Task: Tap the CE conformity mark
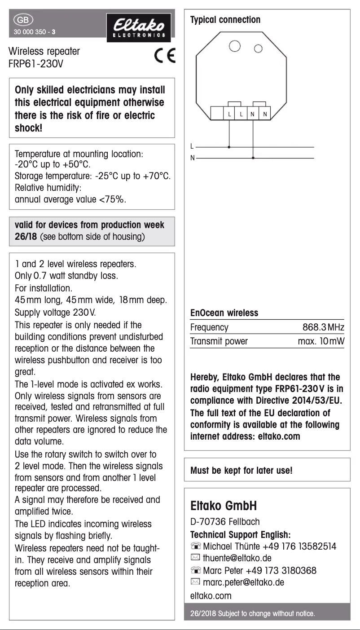coord(165,56)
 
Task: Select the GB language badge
coord(22,20)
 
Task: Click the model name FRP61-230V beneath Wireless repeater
coord(36,63)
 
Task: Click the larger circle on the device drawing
coord(235,46)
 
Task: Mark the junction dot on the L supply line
coord(229,146)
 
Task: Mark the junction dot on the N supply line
coord(253,158)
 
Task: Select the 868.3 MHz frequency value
coord(323,327)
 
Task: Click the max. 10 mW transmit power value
coord(321,341)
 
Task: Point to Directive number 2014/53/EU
coord(316,401)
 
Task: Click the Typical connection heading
coord(225,20)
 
